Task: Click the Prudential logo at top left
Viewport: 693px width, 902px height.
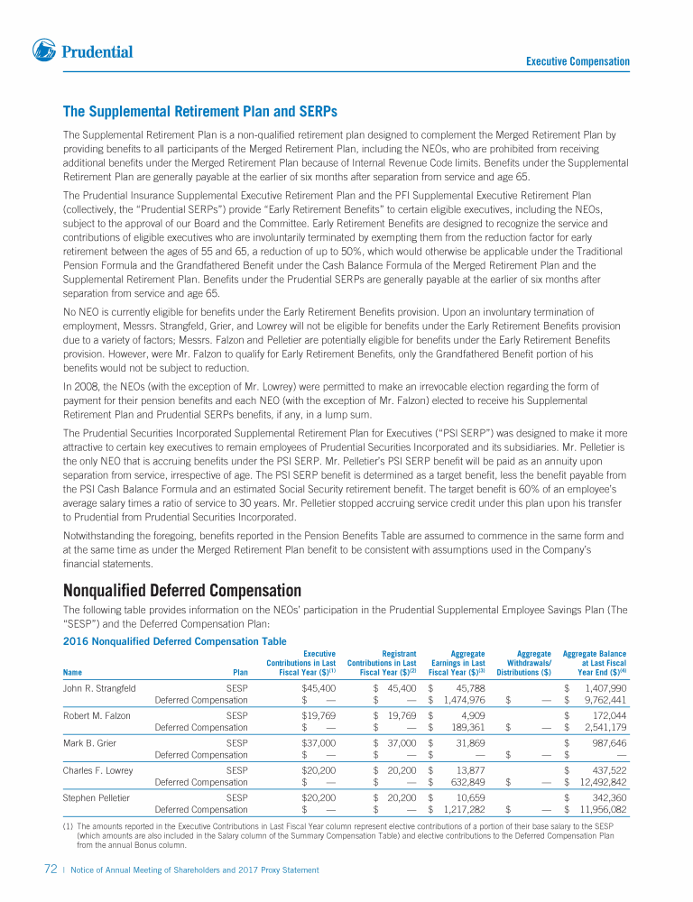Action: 82,51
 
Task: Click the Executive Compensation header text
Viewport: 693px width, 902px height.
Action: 577,61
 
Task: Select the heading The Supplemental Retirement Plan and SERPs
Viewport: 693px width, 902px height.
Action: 199,112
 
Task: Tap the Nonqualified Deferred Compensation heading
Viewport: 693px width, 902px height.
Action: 181,591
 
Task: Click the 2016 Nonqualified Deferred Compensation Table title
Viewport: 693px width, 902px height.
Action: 174,641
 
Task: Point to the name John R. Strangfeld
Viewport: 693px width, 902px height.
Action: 99,688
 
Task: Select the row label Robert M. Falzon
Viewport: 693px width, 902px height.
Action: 96,715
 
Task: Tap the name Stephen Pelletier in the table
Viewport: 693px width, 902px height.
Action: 96,797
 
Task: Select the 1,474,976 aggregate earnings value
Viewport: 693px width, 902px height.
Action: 466,699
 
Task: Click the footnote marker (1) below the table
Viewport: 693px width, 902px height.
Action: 68,825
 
